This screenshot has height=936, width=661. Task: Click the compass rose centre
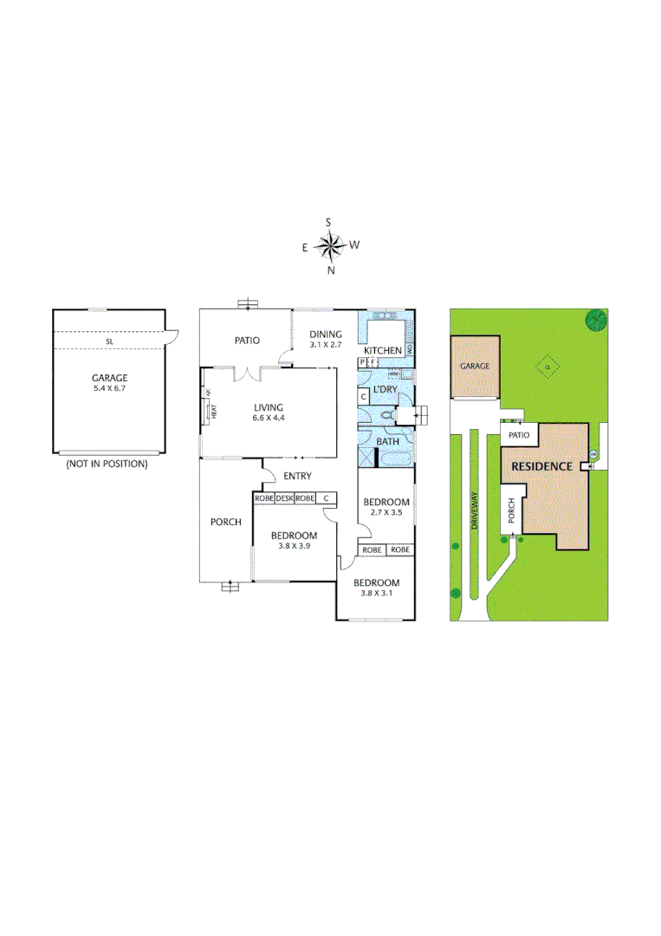coord(329,247)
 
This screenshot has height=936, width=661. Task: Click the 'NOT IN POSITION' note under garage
coord(107,464)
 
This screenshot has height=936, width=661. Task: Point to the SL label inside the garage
coord(109,342)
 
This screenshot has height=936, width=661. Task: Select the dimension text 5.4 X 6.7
coord(109,389)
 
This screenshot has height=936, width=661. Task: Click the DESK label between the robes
coord(285,498)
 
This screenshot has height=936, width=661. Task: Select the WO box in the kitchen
coord(409,349)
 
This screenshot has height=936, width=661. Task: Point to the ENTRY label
coord(297,476)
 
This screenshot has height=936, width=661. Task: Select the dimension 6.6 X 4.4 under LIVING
coord(269,418)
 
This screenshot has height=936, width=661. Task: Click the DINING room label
coord(326,335)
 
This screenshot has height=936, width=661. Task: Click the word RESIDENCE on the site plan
coord(541,466)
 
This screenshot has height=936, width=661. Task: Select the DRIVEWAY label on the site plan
coord(474,511)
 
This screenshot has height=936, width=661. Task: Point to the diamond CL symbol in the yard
coord(547,367)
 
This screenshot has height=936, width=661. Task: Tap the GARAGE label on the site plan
coord(475,367)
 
